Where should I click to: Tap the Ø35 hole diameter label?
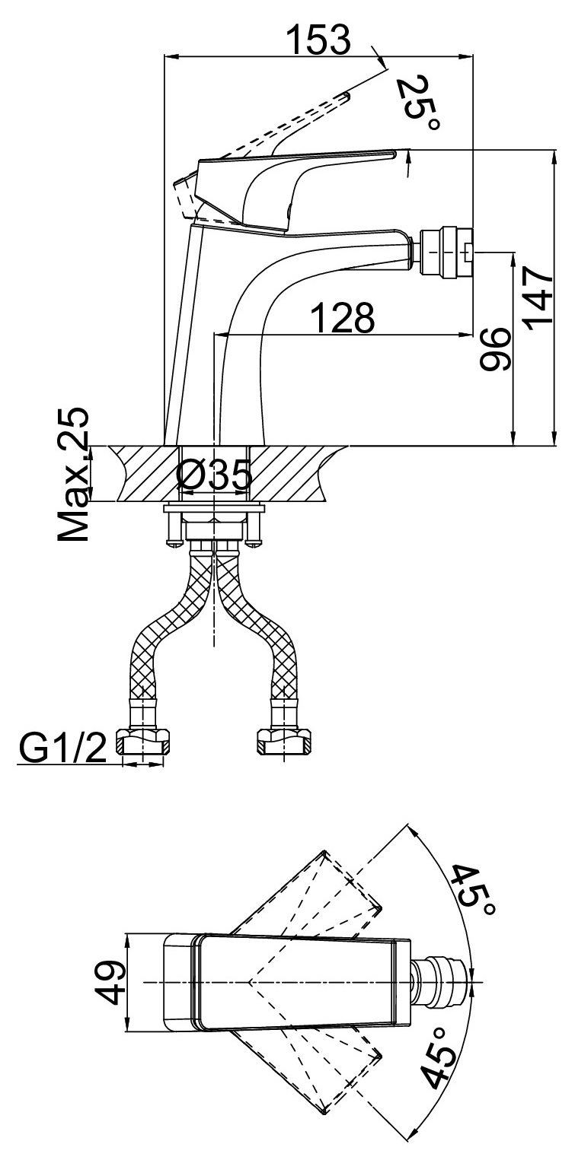pyautogui.click(x=213, y=478)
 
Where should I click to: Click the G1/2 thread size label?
pyautogui.click(x=62, y=748)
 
